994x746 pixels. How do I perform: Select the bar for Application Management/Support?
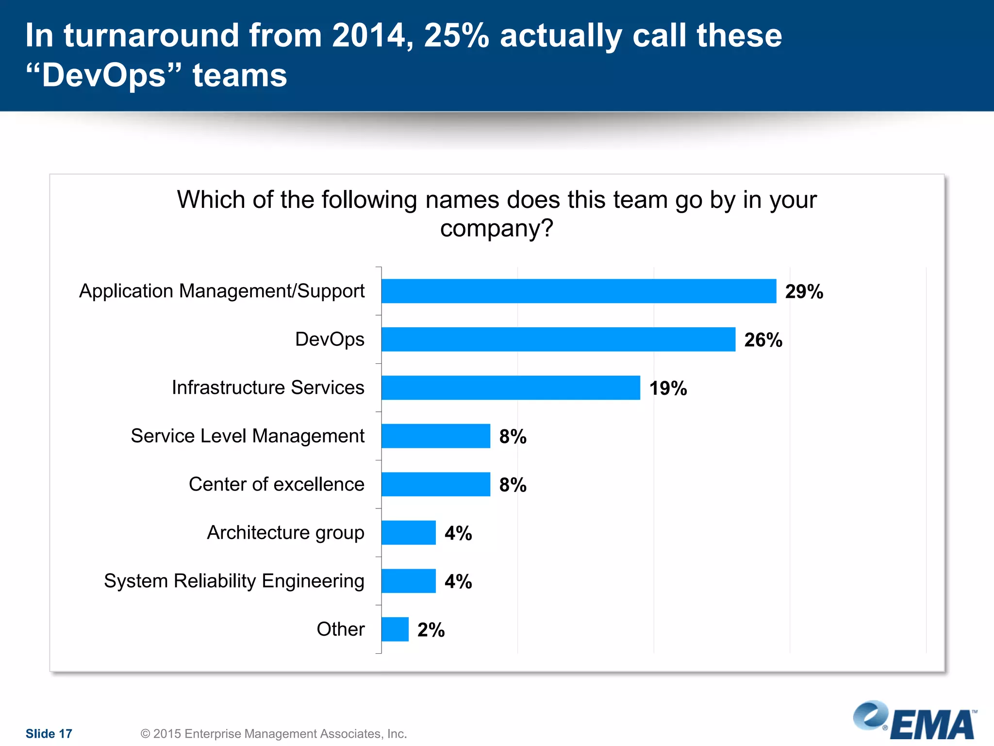(x=579, y=291)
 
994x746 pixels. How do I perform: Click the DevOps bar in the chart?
(x=558, y=339)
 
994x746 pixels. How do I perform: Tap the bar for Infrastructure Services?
(x=511, y=388)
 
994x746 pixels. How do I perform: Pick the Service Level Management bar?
(x=435, y=436)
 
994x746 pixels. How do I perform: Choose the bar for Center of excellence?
(x=435, y=484)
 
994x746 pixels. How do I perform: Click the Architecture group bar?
(x=408, y=532)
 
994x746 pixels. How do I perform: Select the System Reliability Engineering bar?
(x=408, y=581)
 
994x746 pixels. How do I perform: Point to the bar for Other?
(x=395, y=629)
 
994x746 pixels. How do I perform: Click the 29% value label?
(x=804, y=291)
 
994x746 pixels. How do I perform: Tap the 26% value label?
(x=763, y=340)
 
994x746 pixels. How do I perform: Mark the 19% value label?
(x=668, y=388)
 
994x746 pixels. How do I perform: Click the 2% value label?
(x=431, y=630)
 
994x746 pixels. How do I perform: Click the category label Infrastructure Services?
(x=268, y=388)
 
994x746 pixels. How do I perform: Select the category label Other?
(x=340, y=629)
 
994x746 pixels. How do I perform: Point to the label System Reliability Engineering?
(x=234, y=581)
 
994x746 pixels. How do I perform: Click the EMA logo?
(x=915, y=721)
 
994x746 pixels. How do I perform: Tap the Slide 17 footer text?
(x=49, y=733)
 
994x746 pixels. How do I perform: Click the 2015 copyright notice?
(x=274, y=733)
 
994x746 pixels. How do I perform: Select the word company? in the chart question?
(x=496, y=228)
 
